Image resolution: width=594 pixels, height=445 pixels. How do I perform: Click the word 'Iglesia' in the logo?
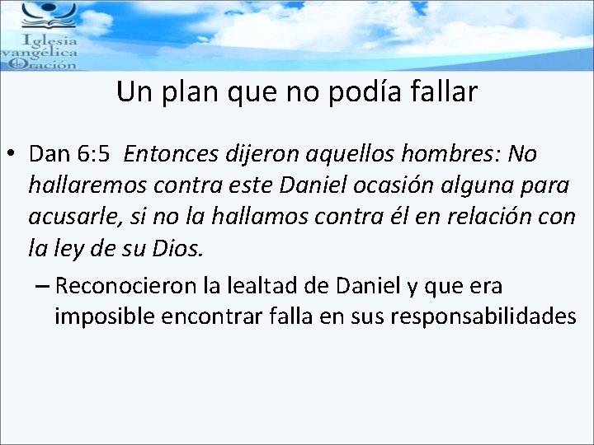click(x=51, y=40)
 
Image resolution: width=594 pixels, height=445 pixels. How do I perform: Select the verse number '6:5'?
click(x=94, y=154)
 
